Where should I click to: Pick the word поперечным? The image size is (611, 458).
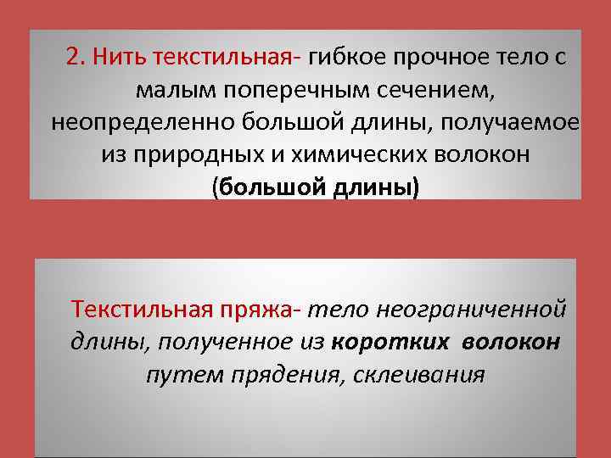click(x=293, y=90)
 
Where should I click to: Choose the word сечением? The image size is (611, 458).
click(x=429, y=90)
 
